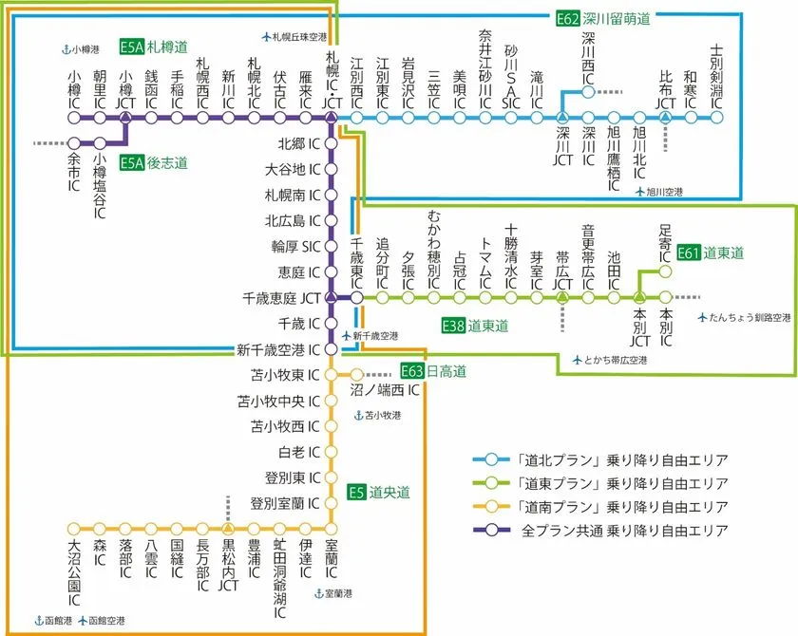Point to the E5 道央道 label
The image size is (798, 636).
click(378, 492)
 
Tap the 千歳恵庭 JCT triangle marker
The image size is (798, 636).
click(331, 297)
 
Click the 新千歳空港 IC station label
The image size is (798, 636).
click(279, 349)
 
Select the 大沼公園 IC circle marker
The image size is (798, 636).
click(74, 529)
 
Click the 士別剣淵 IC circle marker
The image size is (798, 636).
click(717, 118)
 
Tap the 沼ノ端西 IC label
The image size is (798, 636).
click(390, 389)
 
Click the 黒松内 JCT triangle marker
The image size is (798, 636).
click(228, 528)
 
